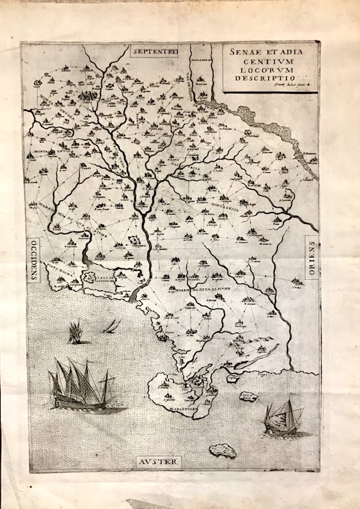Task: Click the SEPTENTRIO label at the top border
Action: [155, 52]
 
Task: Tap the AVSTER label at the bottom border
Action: [159, 462]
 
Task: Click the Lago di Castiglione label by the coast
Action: [102, 277]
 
